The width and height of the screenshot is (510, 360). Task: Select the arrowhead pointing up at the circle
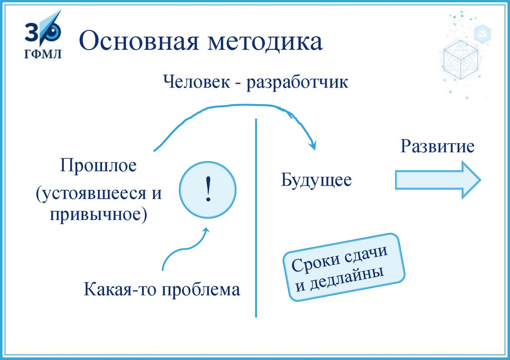(206, 231)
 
